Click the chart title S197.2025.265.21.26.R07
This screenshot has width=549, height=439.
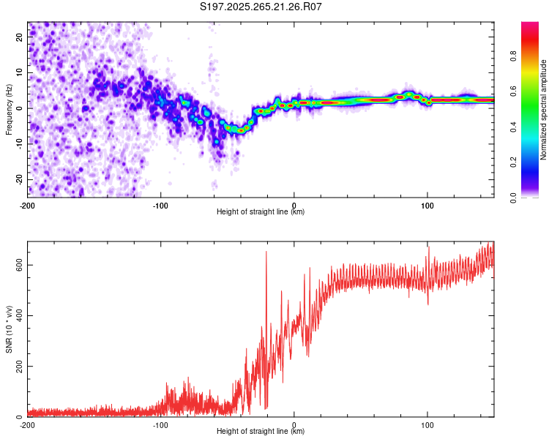(x=261, y=7)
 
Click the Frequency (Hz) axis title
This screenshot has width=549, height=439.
(x=9, y=110)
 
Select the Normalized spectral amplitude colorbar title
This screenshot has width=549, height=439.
(x=544, y=110)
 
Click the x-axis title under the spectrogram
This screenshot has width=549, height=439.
(x=261, y=212)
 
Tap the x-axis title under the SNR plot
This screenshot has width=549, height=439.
(x=261, y=432)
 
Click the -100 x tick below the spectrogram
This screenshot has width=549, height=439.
(x=160, y=206)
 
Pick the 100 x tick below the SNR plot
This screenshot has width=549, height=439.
(x=427, y=425)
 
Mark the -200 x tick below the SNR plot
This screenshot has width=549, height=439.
(x=27, y=425)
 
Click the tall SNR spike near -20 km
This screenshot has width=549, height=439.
(x=266, y=252)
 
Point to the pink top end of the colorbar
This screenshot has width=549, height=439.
(x=530, y=25)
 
